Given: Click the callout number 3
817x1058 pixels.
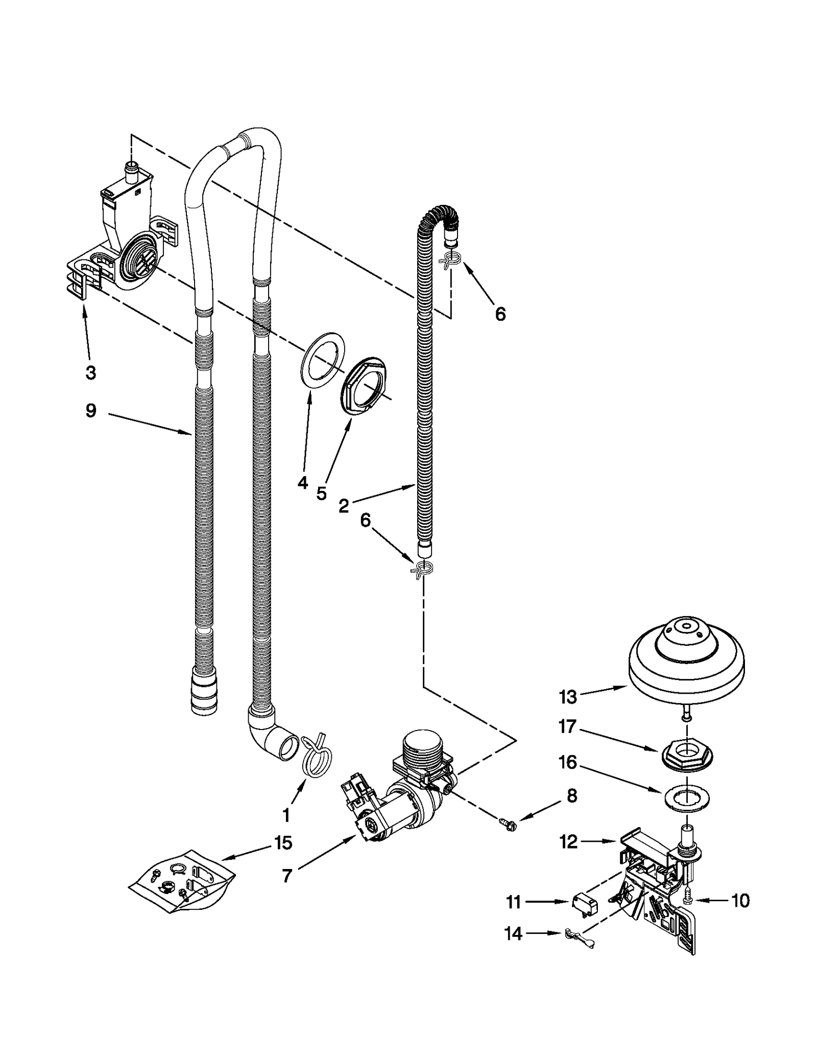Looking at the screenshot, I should tap(90, 373).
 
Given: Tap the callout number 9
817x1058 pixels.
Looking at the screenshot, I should tap(90, 411).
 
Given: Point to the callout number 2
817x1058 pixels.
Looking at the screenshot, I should tap(344, 506).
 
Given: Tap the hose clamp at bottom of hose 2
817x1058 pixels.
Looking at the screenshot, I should tap(423, 569).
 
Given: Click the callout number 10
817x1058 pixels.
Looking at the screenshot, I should tap(740, 901).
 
